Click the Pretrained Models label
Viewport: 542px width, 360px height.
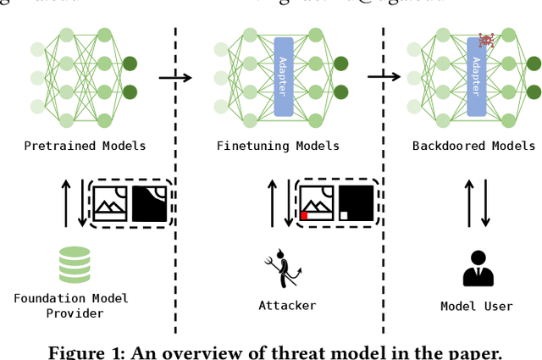point(85,146)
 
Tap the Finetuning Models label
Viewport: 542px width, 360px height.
point(278,146)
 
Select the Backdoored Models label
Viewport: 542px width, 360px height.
point(474,146)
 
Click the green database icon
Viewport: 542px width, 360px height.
point(75,264)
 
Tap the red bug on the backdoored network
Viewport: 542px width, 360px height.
point(486,40)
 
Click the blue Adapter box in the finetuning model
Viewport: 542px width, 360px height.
point(284,76)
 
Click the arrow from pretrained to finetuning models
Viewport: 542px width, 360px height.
point(175,78)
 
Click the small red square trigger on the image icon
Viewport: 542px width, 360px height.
point(304,216)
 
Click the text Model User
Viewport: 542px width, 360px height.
point(477,306)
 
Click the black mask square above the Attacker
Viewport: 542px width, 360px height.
point(356,203)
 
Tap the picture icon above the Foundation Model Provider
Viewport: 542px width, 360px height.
point(110,203)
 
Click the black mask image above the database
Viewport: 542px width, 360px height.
point(150,203)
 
